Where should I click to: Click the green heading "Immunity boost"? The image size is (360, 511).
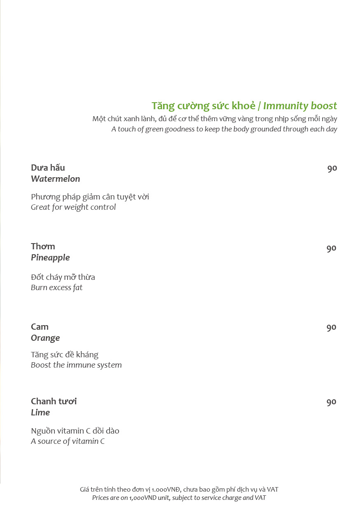[300, 106]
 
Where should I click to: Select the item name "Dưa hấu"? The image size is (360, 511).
[48, 168]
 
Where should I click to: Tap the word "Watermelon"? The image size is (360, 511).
[55, 179]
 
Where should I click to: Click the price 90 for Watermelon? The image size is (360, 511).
[332, 168]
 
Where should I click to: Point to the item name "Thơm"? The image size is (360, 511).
[43, 246]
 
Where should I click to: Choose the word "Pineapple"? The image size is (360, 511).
[50, 258]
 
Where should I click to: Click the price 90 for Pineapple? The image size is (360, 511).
[331, 248]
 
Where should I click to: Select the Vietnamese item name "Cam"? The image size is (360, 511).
[40, 327]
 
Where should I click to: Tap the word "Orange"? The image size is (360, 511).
[45, 338]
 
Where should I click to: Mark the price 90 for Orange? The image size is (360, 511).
[331, 328]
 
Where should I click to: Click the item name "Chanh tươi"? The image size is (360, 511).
[54, 401]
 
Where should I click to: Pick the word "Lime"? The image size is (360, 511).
[40, 413]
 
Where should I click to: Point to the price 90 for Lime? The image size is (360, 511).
[331, 402]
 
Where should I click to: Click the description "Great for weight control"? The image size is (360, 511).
[73, 207]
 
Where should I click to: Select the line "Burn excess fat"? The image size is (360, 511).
[56, 288]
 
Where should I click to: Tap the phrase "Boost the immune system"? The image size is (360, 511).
[76, 365]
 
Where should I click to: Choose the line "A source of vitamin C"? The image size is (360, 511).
[68, 441]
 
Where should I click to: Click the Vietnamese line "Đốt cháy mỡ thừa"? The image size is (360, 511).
[63, 277]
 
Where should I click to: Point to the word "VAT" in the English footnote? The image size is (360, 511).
[260, 498]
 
